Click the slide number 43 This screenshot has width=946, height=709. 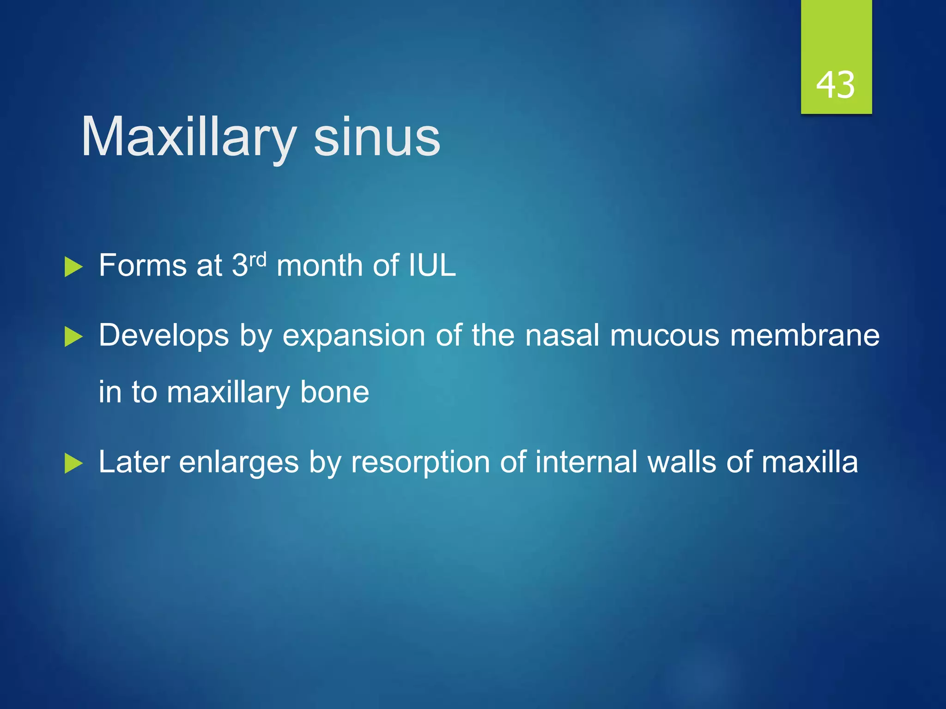click(835, 85)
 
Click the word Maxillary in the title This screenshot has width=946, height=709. click(188, 138)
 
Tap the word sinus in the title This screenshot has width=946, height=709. click(376, 138)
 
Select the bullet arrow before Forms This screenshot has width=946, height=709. click(73, 267)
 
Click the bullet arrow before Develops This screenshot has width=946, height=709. click(73, 336)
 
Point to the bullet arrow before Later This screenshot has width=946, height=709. click(73, 463)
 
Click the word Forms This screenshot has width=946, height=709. click(142, 266)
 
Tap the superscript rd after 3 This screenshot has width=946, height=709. click(258, 259)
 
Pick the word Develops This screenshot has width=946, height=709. click(164, 336)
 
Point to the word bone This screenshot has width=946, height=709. click(334, 392)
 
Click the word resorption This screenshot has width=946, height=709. click(420, 463)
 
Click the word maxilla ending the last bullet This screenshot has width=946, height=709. click(809, 462)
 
